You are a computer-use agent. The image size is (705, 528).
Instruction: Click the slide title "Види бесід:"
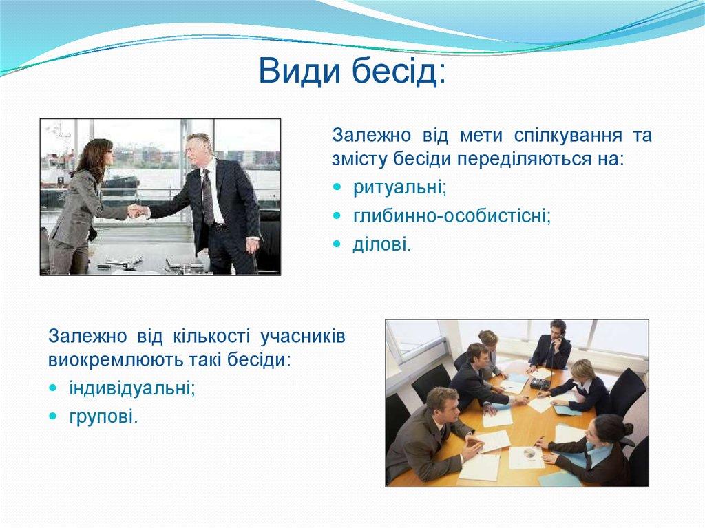(352, 71)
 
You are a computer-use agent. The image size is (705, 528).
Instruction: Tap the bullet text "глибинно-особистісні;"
(452, 215)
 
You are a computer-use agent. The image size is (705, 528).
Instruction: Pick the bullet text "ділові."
(382, 244)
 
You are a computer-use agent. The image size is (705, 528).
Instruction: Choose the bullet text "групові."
(103, 416)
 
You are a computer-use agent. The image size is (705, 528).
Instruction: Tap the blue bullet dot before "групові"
(53, 416)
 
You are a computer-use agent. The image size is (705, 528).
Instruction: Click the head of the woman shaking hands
(96, 155)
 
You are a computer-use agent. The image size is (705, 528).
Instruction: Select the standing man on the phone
(552, 344)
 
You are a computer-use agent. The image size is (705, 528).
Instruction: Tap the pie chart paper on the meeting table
(527, 455)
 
